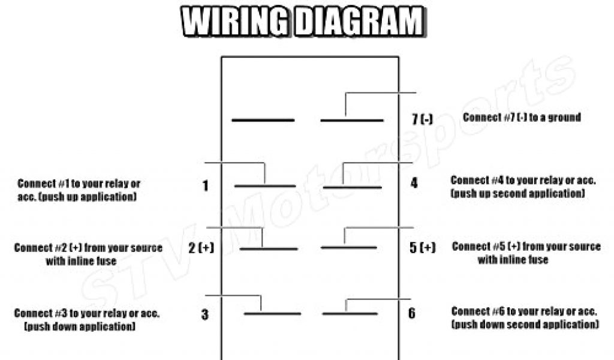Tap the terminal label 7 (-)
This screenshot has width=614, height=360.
click(x=422, y=119)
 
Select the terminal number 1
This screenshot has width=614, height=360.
click(x=206, y=186)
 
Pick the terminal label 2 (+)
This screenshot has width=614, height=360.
click(x=201, y=247)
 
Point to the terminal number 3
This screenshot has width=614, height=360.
click(x=205, y=314)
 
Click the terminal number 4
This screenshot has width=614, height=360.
click(x=414, y=184)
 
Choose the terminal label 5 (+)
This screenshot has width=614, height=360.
click(x=422, y=247)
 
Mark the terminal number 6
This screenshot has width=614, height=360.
click(x=411, y=313)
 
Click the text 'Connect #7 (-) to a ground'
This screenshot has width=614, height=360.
click(x=522, y=118)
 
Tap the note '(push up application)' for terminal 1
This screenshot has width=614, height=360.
click(x=76, y=197)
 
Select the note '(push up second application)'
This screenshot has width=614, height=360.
click(x=517, y=193)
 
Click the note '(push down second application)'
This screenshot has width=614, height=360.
click(x=525, y=325)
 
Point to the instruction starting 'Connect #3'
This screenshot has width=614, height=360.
click(x=87, y=313)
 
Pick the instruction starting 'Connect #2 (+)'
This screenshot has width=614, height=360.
click(x=88, y=248)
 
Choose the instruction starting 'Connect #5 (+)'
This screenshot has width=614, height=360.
click(x=526, y=247)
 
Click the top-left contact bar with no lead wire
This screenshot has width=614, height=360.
click(x=263, y=121)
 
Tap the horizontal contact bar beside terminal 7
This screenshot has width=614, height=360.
click(x=351, y=121)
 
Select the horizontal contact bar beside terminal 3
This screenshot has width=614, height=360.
click(x=272, y=313)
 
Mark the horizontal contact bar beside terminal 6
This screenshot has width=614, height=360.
click(x=350, y=313)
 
